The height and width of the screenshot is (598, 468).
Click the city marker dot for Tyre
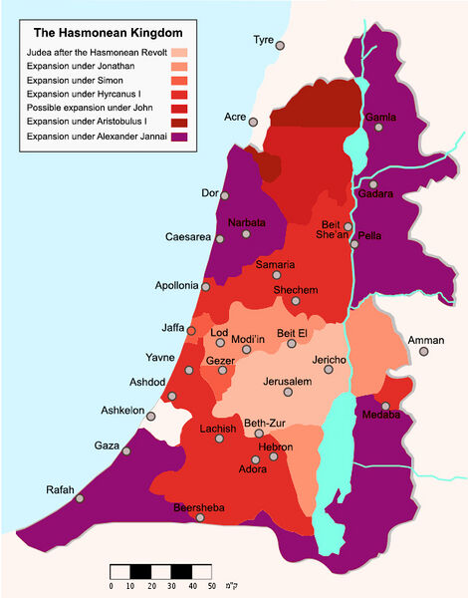click(281, 45)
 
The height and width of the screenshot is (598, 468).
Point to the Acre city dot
click(253, 121)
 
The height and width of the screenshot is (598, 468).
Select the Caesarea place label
click(188, 237)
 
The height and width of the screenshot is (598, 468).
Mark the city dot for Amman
click(410, 353)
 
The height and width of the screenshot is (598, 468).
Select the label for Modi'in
click(248, 339)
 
